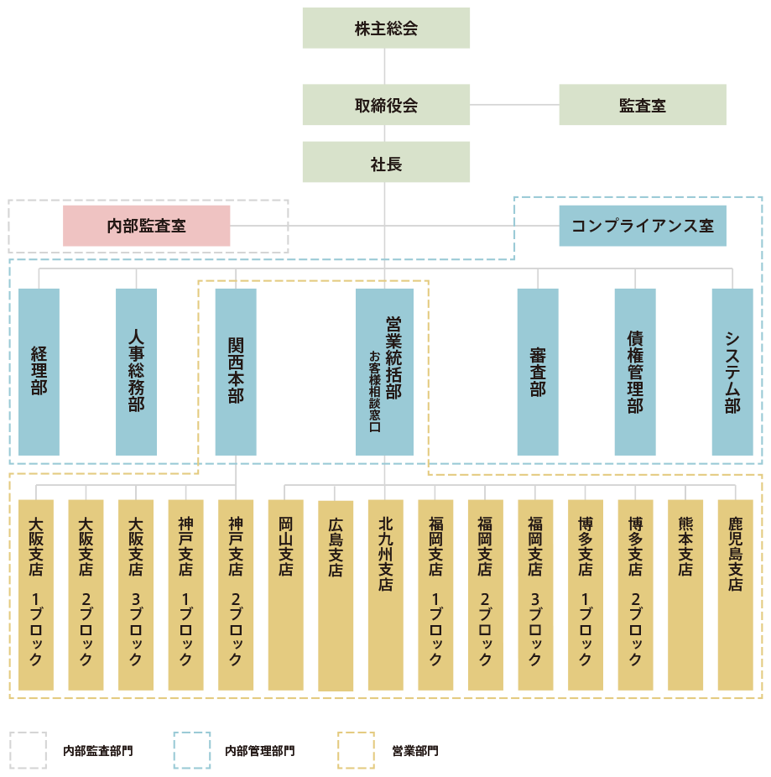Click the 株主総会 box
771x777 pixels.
pos(386,29)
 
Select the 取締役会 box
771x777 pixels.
pos(386,106)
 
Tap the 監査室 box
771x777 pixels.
pos(643,106)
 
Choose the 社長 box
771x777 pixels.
pos(386,163)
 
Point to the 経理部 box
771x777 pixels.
pos(39,372)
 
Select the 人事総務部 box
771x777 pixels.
pos(136,372)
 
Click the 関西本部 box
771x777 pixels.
pos(236,372)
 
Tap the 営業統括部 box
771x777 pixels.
pos(385,372)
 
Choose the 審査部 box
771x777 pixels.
pos(538,372)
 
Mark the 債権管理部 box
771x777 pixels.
pos(635,372)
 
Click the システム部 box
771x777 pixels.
pos(732,372)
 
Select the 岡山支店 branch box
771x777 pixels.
pos(285,595)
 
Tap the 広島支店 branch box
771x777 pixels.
pos(336,595)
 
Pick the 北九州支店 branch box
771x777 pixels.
pos(385,595)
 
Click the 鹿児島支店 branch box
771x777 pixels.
pos(736,595)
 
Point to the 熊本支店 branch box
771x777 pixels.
pos(685,595)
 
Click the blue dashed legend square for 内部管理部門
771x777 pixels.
pos(192,749)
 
